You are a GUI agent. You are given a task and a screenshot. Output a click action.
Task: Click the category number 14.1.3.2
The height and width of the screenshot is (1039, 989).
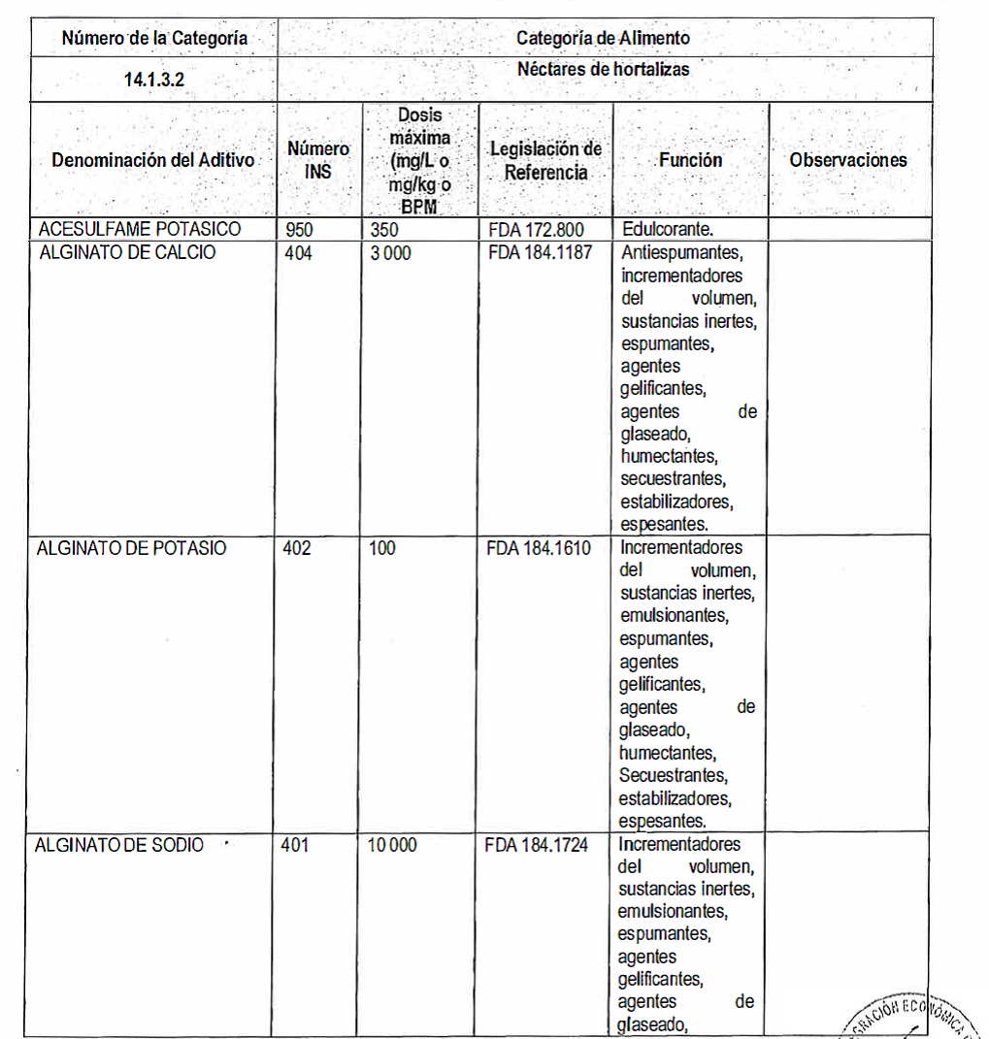154,81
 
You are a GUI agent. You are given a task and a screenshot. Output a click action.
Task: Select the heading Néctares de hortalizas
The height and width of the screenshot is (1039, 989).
603,69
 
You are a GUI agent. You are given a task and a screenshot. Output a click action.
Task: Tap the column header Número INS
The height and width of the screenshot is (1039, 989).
317,160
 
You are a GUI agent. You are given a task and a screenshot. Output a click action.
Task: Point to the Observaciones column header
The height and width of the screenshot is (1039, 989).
848,160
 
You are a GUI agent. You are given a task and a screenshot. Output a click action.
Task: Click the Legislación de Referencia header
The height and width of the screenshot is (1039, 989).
545,161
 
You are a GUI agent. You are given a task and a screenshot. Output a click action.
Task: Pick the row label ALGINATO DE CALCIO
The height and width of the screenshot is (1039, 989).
128,252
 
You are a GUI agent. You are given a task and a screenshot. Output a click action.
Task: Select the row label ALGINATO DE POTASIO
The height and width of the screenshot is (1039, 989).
131,548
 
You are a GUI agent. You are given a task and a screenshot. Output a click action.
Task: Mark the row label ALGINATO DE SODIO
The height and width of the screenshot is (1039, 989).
119,845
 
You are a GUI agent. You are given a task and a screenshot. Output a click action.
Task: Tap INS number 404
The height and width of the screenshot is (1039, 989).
299,252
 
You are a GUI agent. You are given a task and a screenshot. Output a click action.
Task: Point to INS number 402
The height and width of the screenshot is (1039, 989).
297,548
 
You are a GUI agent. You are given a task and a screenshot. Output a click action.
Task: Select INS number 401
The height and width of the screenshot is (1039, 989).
295,845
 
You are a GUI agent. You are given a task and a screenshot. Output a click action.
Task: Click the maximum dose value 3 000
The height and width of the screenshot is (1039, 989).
390,252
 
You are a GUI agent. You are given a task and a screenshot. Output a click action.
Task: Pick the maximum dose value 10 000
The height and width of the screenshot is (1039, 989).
393,845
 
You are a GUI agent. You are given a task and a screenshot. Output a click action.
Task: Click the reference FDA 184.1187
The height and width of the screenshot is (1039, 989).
540,252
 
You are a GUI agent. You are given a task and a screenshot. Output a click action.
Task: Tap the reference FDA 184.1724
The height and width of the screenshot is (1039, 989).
537,845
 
